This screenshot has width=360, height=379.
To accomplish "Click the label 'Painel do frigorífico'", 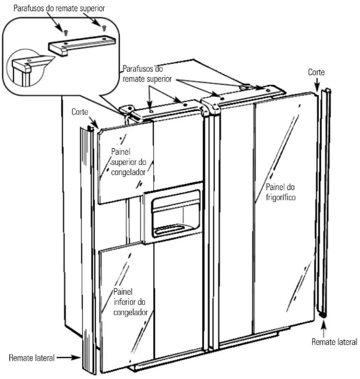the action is point(280,192).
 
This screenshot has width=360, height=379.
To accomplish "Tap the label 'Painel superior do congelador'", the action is point(129,162).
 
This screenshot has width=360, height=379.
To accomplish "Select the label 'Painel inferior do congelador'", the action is point(130,302).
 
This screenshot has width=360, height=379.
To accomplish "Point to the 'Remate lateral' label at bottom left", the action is point(32,357).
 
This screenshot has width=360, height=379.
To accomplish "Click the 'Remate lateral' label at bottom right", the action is point(334,342).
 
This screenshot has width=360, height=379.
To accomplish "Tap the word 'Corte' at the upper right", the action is point(316,72).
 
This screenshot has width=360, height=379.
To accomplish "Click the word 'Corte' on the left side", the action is point(80,112).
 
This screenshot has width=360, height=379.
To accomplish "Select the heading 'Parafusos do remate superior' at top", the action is point(59,8).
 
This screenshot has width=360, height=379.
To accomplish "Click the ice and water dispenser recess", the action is point(176,214).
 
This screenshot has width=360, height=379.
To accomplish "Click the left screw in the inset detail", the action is point(65,32).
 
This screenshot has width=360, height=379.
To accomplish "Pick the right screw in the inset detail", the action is point(104,28).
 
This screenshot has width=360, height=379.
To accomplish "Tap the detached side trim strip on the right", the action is point(324,203).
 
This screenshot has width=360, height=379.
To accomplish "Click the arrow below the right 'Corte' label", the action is point(317,85).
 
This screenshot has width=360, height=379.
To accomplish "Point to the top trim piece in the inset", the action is point(81,45).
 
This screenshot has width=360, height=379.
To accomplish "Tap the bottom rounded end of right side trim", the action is point(322,314).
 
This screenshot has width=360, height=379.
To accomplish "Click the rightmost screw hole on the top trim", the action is point(268,90).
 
